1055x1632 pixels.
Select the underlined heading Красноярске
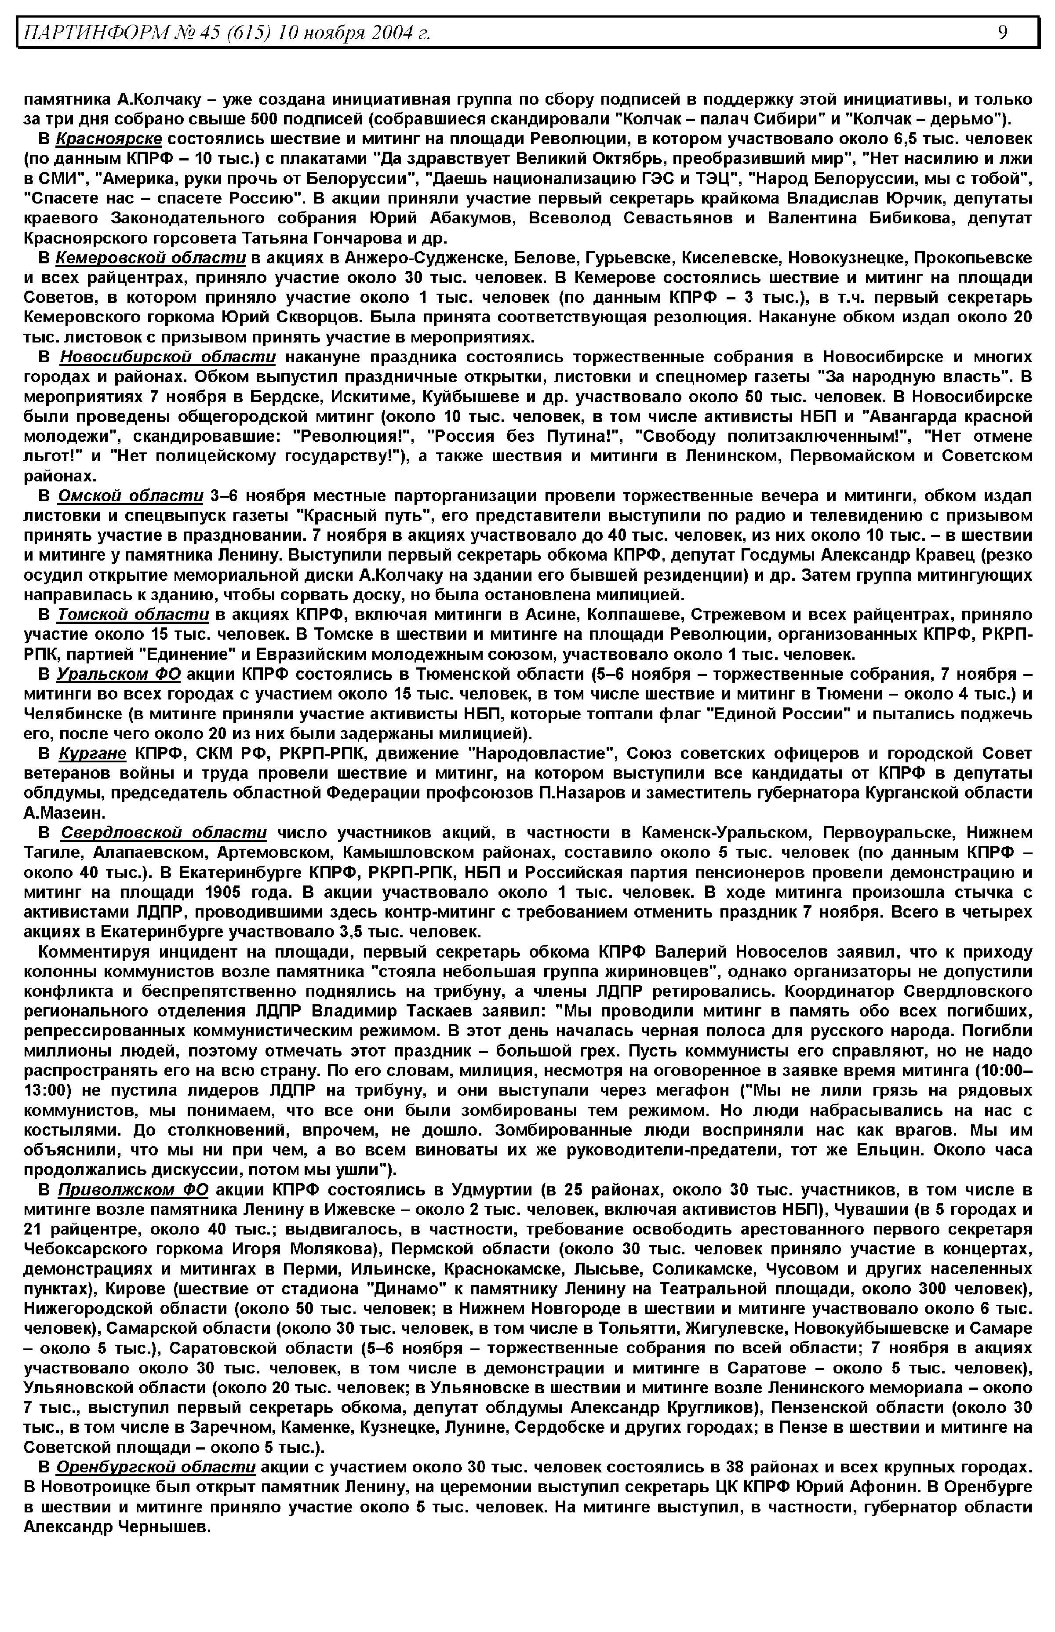109,139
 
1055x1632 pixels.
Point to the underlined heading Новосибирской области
168,357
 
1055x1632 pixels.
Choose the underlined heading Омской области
130,495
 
